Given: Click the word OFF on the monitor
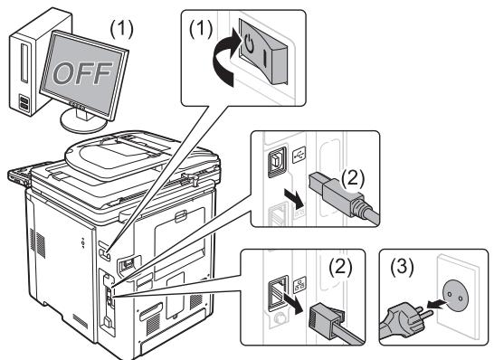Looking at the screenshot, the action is pyautogui.click(x=82, y=72).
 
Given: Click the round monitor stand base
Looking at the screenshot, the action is pyautogui.click(x=83, y=121).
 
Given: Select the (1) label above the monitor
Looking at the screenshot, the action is pyautogui.click(x=121, y=30).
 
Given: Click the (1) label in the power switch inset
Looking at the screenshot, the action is pyautogui.click(x=201, y=29).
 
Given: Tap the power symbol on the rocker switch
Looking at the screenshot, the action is pyautogui.click(x=249, y=43).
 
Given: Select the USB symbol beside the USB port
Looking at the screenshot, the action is pyautogui.click(x=299, y=155).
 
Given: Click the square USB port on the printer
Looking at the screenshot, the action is pyautogui.click(x=277, y=162).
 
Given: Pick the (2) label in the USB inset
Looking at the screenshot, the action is pyautogui.click(x=353, y=179).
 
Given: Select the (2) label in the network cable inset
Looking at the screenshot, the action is pyautogui.click(x=340, y=268).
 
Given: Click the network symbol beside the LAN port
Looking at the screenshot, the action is pyautogui.click(x=299, y=283).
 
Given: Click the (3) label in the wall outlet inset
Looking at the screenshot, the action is pyautogui.click(x=402, y=268).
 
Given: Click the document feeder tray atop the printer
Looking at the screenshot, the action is pyautogui.click(x=142, y=156).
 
